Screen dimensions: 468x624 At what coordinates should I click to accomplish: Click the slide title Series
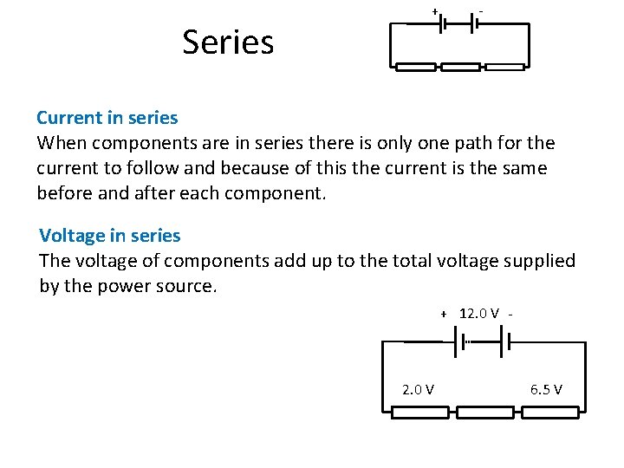(228, 42)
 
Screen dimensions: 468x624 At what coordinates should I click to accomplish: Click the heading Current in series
(107, 117)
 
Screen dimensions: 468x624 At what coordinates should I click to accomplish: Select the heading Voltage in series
(110, 235)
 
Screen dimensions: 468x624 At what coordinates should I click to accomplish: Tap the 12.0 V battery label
(478, 313)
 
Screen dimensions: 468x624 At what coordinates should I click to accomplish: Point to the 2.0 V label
(419, 389)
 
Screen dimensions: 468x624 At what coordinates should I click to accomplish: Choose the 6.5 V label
(546, 389)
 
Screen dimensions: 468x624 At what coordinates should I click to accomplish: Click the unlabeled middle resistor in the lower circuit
(484, 413)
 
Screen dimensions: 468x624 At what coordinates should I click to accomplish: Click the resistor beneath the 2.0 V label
(420, 413)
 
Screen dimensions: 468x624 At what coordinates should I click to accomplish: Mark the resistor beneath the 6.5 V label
(549, 413)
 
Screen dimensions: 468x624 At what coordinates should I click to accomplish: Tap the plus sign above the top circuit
(434, 11)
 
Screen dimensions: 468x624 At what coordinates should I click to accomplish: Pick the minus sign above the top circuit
(481, 11)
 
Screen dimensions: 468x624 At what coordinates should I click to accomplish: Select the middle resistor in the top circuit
(460, 67)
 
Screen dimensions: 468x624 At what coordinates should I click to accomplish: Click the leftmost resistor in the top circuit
(415, 67)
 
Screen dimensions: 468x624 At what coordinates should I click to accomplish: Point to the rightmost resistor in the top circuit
(505, 67)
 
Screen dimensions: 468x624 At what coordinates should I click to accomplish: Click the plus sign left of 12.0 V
(443, 314)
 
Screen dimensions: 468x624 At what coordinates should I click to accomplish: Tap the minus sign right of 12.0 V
(513, 314)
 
